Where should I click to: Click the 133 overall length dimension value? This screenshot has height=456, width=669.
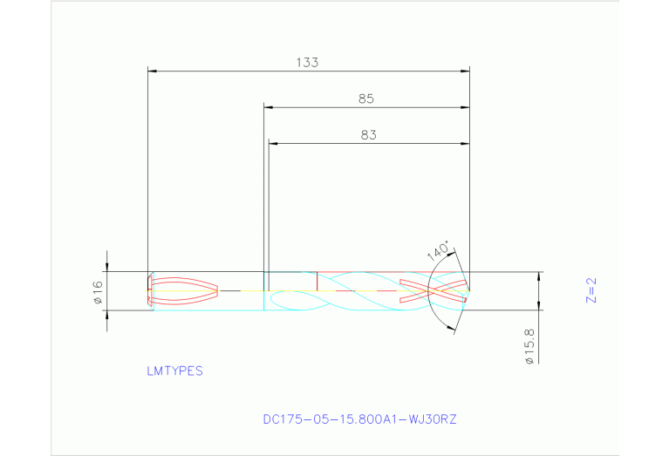point(307,62)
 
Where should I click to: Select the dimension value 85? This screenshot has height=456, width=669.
point(366,99)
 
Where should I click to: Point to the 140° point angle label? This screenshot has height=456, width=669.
point(439,251)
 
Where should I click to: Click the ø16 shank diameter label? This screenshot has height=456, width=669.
point(98,291)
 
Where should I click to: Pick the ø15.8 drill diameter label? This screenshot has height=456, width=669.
point(529,345)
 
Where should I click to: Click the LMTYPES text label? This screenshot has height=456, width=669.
point(174,371)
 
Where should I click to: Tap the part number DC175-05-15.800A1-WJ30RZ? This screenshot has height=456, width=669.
point(359,419)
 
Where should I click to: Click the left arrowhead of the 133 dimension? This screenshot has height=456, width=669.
point(152,70)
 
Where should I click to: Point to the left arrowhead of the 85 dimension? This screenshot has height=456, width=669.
point(269,107)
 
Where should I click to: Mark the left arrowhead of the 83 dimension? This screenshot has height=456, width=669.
point(273,143)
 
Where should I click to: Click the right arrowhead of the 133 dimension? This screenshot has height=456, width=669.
point(465,70)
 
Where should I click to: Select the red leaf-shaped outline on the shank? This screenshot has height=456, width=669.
point(185,289)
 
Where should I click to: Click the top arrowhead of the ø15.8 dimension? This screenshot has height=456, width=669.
point(539,276)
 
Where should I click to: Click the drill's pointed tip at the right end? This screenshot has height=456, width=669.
point(469,289)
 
